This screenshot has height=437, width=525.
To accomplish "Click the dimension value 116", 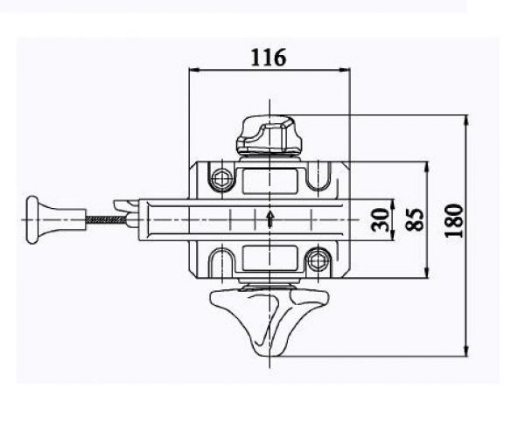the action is (x=269, y=58).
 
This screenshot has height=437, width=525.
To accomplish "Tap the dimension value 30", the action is (x=380, y=219).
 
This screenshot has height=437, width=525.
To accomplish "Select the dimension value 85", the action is (x=415, y=219).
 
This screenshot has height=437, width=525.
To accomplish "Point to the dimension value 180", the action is (x=454, y=220).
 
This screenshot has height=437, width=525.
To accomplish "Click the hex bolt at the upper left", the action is (x=221, y=178).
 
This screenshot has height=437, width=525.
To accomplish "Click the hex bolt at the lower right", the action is (x=317, y=260).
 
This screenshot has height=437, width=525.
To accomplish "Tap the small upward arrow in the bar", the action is (x=270, y=219).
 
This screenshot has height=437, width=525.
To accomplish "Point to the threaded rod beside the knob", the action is (x=107, y=219).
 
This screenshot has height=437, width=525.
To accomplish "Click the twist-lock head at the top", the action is (x=269, y=135).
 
